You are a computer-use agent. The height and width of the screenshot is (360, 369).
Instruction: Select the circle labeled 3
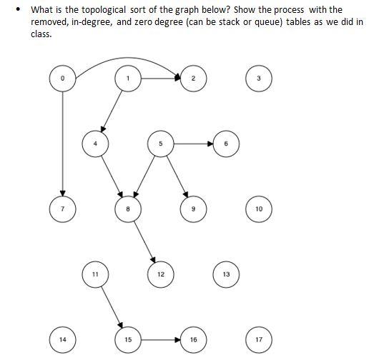click(x=259, y=78)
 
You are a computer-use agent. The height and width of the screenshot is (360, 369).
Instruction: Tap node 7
click(x=63, y=209)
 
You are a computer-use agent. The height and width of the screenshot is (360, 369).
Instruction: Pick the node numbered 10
click(x=259, y=209)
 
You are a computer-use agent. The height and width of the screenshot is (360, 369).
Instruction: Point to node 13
click(x=226, y=274)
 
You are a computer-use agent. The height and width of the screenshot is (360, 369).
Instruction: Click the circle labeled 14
click(x=63, y=339)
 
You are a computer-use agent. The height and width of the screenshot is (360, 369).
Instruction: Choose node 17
click(x=259, y=339)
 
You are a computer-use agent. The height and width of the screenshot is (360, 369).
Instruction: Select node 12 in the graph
click(x=161, y=274)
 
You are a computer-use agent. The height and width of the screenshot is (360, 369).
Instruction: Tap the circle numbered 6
click(x=226, y=144)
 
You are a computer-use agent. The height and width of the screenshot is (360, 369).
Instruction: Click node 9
click(x=193, y=209)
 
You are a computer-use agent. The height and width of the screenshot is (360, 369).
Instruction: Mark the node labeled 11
click(x=95, y=274)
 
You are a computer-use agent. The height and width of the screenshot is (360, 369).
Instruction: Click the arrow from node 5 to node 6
click(x=193, y=144)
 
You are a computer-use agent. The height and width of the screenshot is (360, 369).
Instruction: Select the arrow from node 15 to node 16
click(x=160, y=339)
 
